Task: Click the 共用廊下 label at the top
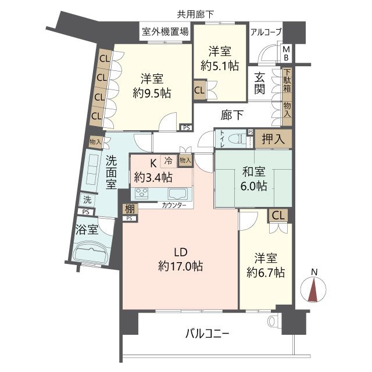[x=195, y=15]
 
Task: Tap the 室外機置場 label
[x=165, y=31]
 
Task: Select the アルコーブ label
[x=266, y=32]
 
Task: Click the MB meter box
[x=287, y=53]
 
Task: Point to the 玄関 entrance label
[x=260, y=83]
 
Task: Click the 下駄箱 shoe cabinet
[x=287, y=80]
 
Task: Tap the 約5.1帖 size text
[x=220, y=66]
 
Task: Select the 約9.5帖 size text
[x=152, y=93]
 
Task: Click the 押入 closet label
[x=273, y=139]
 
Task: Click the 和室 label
[x=253, y=171]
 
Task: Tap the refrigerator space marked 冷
[x=168, y=161]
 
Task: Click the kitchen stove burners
[x=142, y=194]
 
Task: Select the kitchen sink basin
[x=177, y=194]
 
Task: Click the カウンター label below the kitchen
[x=174, y=205]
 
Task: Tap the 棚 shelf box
[x=130, y=209]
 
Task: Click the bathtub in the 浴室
[x=91, y=254]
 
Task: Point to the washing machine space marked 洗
[x=88, y=200]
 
